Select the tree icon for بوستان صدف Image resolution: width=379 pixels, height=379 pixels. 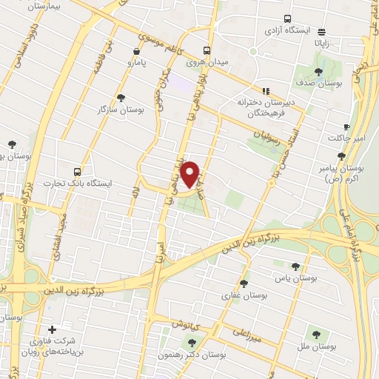318,72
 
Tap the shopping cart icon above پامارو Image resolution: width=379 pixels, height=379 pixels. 136,51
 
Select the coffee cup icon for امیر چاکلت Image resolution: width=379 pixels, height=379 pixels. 346,127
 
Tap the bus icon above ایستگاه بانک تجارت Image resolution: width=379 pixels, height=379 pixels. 77,172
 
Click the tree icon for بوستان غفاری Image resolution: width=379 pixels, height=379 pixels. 244,284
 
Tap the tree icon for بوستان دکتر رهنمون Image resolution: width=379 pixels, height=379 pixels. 192,343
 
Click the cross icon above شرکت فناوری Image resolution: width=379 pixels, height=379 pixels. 51,330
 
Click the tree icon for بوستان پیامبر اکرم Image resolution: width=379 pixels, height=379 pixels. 341,156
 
